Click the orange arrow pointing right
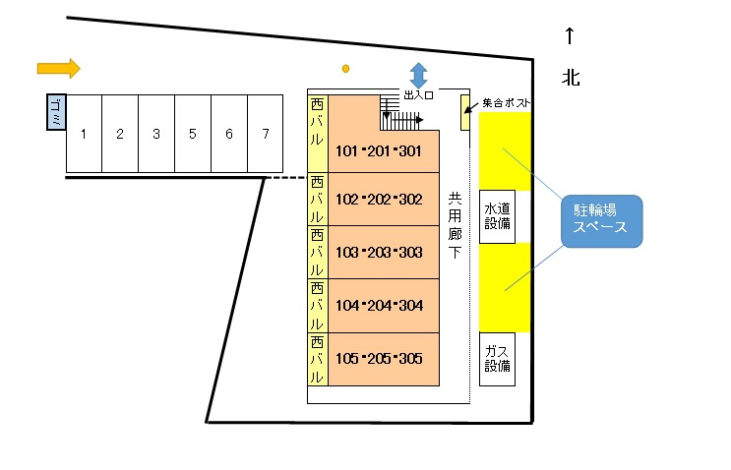point(58,68)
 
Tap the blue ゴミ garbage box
point(56,112)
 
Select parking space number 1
point(84,134)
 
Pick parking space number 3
point(155,134)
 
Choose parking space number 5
point(192,134)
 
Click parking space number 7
point(265,134)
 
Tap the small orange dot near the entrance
point(345,68)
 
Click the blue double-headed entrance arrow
point(418,75)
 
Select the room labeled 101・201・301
point(379,151)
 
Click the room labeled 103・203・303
point(379,253)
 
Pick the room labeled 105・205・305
point(379,359)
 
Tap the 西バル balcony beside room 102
point(317,200)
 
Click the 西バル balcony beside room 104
point(317,306)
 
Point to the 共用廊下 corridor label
point(454,224)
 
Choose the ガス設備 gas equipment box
point(497,359)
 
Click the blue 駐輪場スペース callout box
point(600,220)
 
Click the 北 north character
point(570,77)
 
